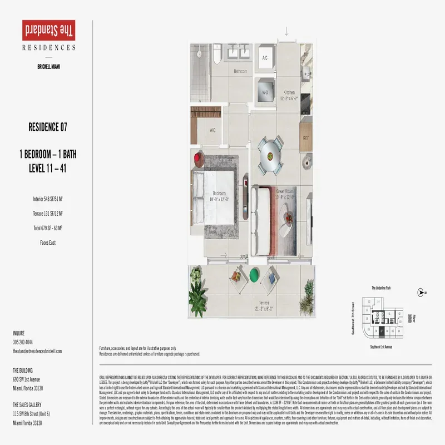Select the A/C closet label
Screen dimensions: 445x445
[265, 58]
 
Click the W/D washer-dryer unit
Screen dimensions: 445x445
[265, 93]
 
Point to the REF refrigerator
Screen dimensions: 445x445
[305, 138]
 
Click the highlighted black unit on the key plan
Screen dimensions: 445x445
[381, 334]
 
